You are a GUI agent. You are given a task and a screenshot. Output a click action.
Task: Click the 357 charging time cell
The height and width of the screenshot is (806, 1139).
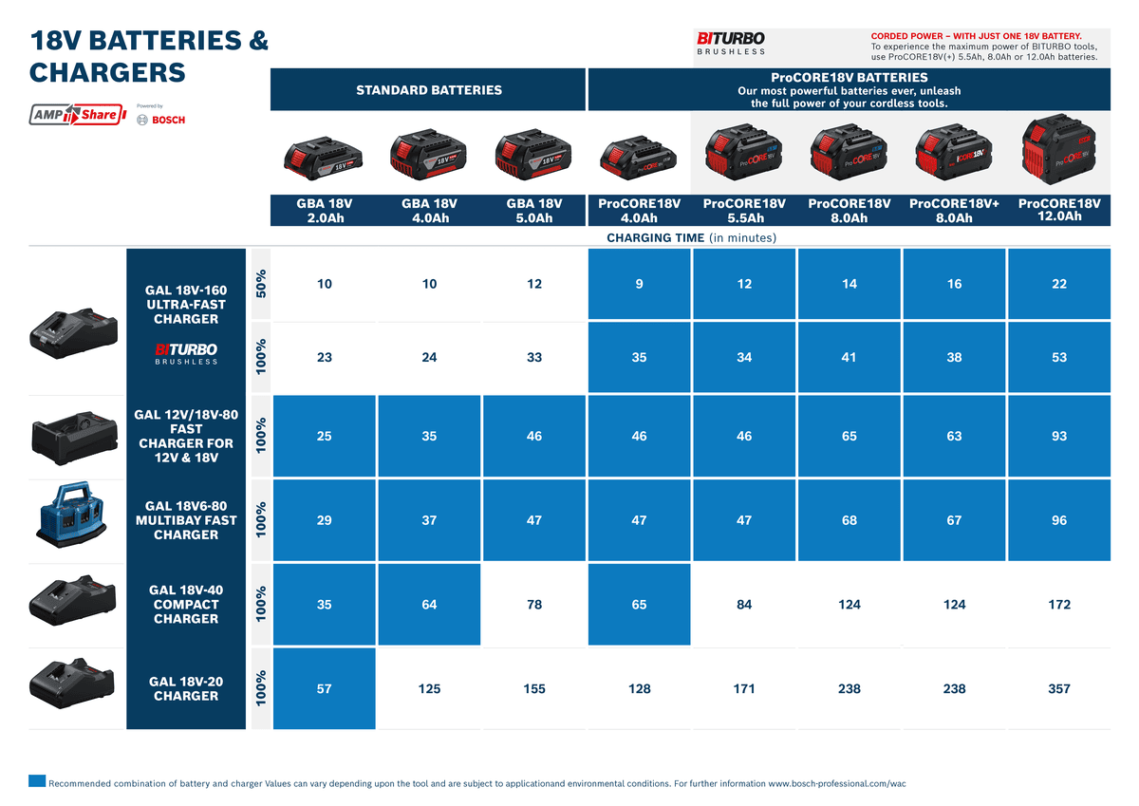click(x=1059, y=689)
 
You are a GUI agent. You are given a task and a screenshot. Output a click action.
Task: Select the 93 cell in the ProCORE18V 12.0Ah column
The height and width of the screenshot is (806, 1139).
click(x=1059, y=437)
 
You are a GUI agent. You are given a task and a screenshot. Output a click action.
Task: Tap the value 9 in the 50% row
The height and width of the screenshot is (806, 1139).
click(x=640, y=284)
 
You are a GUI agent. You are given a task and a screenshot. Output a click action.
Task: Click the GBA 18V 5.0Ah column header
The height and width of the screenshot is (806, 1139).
click(x=534, y=211)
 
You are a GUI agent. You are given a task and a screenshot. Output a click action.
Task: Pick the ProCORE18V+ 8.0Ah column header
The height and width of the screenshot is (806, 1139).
click(x=954, y=211)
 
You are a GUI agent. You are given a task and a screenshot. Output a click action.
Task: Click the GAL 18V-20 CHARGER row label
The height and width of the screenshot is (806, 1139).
click(x=186, y=689)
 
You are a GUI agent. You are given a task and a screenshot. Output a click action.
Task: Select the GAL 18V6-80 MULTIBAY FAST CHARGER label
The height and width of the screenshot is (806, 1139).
click(x=186, y=520)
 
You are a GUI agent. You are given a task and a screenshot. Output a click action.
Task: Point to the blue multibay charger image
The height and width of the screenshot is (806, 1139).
click(x=76, y=521)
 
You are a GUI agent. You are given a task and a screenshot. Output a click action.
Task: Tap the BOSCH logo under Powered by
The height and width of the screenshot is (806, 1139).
click(x=161, y=120)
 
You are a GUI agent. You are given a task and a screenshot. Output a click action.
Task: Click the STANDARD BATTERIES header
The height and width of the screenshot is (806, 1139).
click(x=429, y=90)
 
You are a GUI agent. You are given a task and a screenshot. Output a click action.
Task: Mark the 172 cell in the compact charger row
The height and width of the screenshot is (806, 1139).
click(x=1059, y=605)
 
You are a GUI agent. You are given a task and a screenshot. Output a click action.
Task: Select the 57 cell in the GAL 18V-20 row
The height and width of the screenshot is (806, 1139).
click(x=325, y=689)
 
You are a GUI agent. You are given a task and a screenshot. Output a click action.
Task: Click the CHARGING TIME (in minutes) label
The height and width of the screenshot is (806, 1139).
click(x=691, y=237)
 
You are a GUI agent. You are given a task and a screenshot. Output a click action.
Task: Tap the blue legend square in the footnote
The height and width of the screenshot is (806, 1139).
click(x=37, y=781)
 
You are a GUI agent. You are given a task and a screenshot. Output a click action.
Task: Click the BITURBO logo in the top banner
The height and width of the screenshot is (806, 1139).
click(x=731, y=43)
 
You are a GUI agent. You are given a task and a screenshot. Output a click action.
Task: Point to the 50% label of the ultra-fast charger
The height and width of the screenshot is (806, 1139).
click(x=261, y=284)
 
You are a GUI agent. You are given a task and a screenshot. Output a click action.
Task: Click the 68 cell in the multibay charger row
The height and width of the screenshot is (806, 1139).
click(x=850, y=520)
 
